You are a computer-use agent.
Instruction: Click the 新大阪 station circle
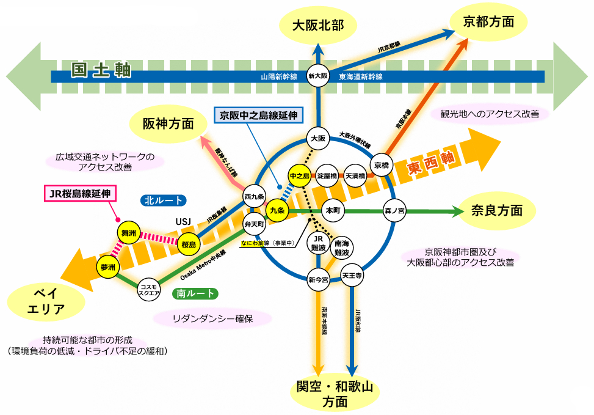(318, 76)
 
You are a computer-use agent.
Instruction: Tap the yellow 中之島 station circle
(300, 176)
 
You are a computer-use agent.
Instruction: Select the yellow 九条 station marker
(277, 210)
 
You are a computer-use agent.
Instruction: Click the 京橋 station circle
(382, 165)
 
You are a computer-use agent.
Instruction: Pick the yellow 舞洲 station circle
(129, 233)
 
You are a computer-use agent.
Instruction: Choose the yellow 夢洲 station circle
(108, 267)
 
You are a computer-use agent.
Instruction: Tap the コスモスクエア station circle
(150, 289)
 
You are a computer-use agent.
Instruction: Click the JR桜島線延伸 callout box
(81, 194)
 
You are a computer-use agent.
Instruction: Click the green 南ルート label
(195, 293)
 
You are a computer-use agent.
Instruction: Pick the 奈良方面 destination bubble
(497, 211)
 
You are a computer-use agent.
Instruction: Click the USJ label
(184, 220)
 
